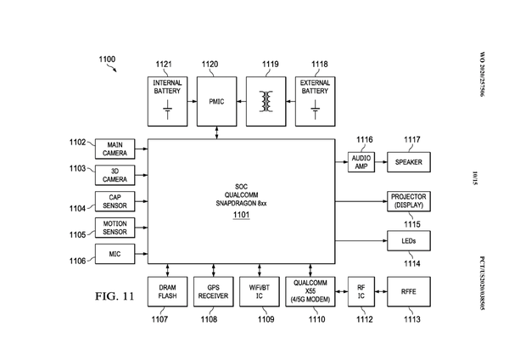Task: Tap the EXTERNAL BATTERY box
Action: point(316,98)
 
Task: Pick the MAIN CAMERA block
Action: point(115,149)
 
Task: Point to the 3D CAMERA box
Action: point(115,175)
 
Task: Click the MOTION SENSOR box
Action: point(115,228)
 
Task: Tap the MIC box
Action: point(115,254)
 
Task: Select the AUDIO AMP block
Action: point(361,160)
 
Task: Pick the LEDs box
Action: point(408,241)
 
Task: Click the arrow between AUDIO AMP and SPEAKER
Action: point(380,160)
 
